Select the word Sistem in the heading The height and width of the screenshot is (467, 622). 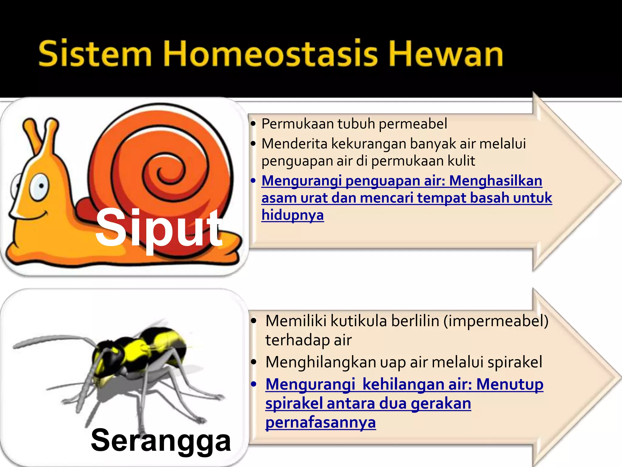click(95, 54)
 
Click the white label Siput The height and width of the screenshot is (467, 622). click(159, 228)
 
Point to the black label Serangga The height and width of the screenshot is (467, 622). click(161, 440)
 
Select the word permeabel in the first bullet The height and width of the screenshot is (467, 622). click(413, 124)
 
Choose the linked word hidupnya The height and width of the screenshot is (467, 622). click(292, 215)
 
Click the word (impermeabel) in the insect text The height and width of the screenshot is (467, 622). click(496, 321)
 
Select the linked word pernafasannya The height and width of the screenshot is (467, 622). click(320, 423)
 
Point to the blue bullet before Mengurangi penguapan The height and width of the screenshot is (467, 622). click(253, 181)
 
